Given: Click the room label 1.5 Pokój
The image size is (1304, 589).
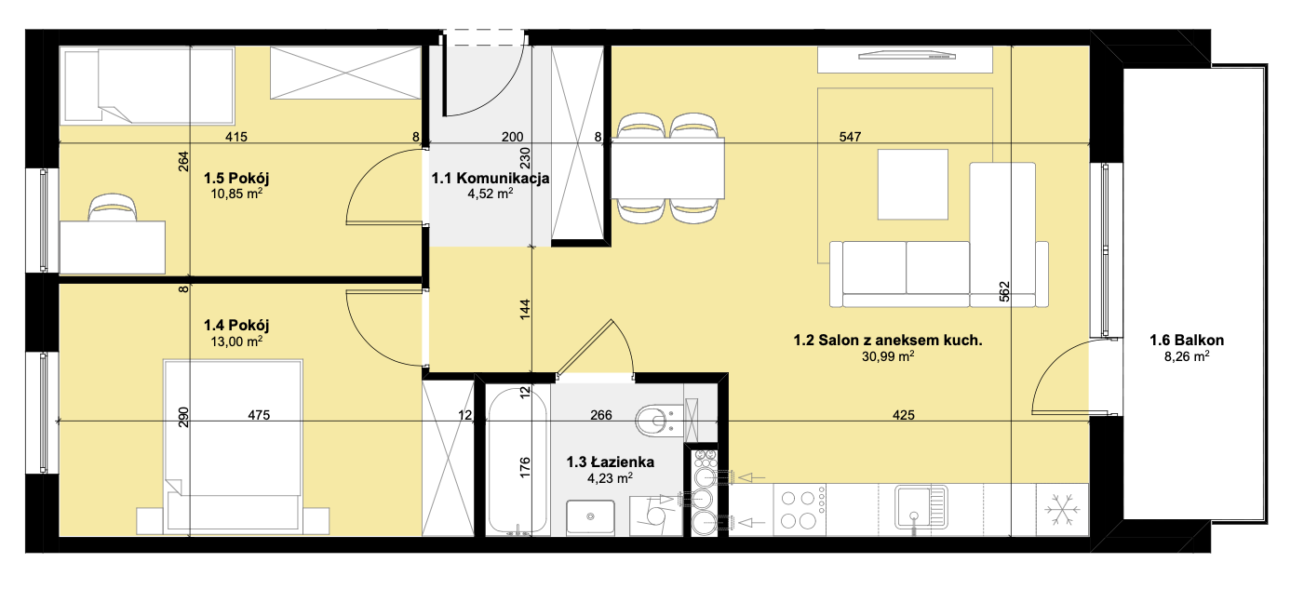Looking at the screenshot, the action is (236, 178).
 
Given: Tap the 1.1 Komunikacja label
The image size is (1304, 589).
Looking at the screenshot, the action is (491, 178).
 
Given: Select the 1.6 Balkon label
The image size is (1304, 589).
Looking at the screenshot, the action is (1187, 340).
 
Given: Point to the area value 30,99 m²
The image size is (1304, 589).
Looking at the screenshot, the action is (888, 356).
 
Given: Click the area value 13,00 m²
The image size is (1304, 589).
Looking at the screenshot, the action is (236, 341).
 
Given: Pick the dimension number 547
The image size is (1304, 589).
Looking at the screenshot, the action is (850, 137).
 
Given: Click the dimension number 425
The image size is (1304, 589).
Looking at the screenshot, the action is (904, 415).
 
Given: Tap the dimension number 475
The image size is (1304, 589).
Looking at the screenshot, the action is (259, 415).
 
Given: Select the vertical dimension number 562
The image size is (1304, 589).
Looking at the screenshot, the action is (1004, 291).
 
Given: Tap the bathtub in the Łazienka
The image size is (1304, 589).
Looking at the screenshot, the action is (517, 461).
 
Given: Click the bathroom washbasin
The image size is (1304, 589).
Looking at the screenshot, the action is (590, 516).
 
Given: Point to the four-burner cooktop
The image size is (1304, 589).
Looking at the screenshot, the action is (800, 509).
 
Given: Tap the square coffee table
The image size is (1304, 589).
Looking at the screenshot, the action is (913, 184).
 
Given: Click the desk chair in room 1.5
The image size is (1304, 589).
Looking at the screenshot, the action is (113, 207).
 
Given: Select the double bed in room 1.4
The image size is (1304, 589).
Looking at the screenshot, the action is (233, 447).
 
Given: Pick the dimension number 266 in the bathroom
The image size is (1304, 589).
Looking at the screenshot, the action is (600, 415).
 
